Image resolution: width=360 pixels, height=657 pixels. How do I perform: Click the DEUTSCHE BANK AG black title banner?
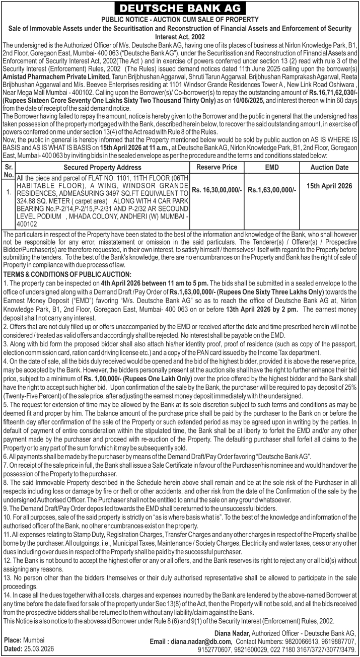coord(180,9)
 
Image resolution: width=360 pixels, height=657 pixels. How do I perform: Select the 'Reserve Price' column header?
coord(216,167)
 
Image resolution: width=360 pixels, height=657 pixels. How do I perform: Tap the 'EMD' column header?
coord(271,167)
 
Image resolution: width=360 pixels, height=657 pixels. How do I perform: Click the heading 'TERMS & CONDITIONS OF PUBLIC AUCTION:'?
coord(67,274)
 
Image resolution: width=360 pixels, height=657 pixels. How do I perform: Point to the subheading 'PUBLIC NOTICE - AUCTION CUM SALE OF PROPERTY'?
coord(180,19)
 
